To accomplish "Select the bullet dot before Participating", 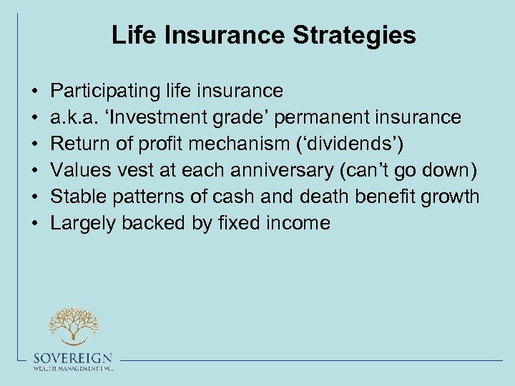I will click(x=35, y=91).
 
